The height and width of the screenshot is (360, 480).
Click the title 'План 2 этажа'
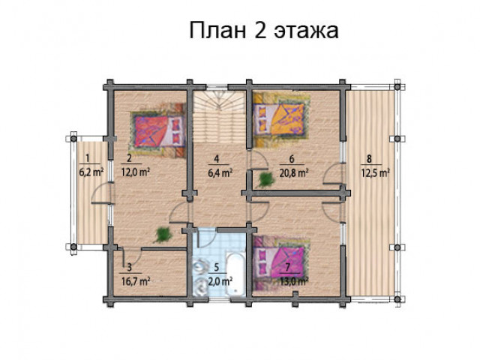pyautogui.click(x=264, y=31)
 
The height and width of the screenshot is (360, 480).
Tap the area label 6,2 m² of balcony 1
pyautogui.click(x=91, y=172)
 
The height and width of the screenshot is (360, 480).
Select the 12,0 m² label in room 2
pyautogui.click(x=135, y=172)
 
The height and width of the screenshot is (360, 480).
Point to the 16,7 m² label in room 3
pyautogui.click(x=135, y=280)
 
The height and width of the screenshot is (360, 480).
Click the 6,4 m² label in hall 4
pyautogui.click(x=220, y=172)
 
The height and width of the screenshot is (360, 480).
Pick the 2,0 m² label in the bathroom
pyautogui.click(x=220, y=280)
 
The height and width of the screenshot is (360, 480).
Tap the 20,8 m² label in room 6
pyautogui.click(x=293, y=172)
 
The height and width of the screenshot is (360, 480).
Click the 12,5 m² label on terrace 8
pyautogui.click(x=375, y=172)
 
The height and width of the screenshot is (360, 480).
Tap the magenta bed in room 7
pyautogui.click(x=279, y=262)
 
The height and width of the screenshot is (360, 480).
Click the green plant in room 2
pyautogui.click(x=163, y=235)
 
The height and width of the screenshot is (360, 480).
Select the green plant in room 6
pyautogui.click(x=265, y=180)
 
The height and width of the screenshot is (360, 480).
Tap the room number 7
pyautogui.click(x=287, y=267)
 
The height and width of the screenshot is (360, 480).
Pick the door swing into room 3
pyautogui.click(x=132, y=257)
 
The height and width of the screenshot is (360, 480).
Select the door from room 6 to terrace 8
pyautogui.click(x=334, y=173)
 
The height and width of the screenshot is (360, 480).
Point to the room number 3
pyautogui.click(x=130, y=267)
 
